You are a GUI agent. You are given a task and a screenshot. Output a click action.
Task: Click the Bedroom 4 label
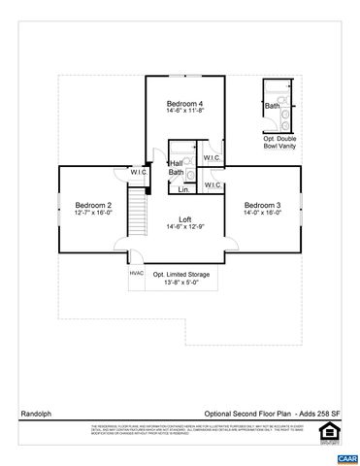184,104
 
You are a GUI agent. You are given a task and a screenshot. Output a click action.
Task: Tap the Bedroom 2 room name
95,205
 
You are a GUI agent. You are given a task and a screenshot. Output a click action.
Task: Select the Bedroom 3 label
262,205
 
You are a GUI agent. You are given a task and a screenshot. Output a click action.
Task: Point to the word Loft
185,218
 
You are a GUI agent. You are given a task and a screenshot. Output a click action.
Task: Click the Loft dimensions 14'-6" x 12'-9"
185,227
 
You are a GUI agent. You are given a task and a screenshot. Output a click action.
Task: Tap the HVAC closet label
137,273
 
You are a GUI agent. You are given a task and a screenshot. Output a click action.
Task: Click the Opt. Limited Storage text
181,275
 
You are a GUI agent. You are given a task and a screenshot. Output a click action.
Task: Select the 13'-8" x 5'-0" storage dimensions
181,283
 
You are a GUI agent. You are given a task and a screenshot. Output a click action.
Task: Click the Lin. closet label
182,190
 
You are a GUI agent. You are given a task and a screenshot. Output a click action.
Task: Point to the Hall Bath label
176,167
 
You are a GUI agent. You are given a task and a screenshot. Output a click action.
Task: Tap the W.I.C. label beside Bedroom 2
139,172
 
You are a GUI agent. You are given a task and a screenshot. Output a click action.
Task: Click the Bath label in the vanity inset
273,106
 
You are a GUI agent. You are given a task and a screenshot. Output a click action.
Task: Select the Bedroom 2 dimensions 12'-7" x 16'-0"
95,214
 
